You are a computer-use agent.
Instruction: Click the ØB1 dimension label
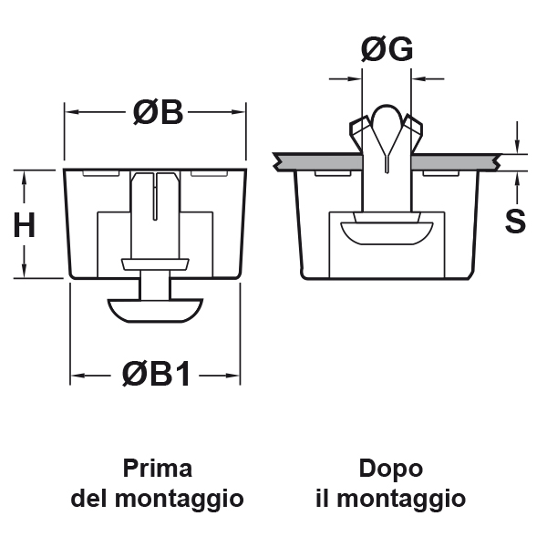(157, 373)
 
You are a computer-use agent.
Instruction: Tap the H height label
(25, 224)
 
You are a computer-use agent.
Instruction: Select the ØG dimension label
(387, 50)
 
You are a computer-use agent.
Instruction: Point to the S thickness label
(516, 221)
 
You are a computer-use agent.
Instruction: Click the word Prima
(158, 469)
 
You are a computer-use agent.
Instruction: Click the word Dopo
(390, 469)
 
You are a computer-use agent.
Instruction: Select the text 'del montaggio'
(158, 499)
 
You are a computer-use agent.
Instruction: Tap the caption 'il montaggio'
(390, 499)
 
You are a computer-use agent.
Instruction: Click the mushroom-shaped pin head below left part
(156, 307)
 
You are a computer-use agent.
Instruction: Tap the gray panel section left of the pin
(319, 161)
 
